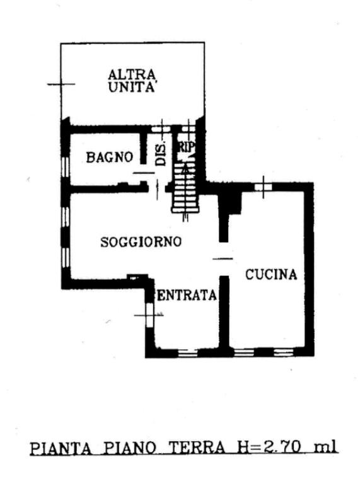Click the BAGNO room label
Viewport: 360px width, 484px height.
110,157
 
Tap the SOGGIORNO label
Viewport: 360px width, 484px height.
141,242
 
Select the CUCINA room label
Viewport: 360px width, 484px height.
271,274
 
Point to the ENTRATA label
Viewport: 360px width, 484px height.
187,296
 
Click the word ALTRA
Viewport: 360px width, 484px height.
132,75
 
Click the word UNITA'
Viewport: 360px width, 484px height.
132,88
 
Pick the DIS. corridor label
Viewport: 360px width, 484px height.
161,154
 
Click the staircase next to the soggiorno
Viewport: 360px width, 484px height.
185,188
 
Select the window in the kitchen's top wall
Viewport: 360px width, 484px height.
263,187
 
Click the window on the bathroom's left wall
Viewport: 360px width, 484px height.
65,166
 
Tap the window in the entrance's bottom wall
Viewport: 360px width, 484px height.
188,353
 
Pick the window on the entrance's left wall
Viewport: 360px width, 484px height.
149,315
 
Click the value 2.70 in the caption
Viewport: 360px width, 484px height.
281,447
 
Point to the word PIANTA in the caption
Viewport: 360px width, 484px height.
61,448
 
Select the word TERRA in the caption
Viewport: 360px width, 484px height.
197,447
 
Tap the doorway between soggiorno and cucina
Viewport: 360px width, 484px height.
224,259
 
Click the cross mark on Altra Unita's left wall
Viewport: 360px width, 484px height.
61,84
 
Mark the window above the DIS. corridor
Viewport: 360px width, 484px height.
161,129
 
